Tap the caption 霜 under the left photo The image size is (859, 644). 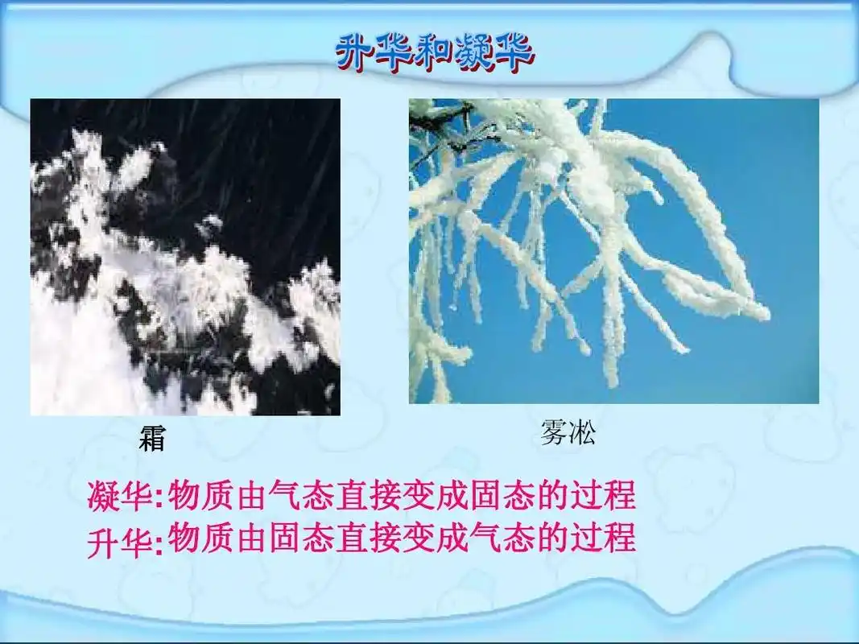click(152, 440)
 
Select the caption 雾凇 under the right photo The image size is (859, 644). click(568, 436)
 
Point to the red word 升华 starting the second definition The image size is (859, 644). click(118, 540)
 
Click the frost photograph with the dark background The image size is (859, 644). click(185, 257)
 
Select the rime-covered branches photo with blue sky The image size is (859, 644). click(613, 250)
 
